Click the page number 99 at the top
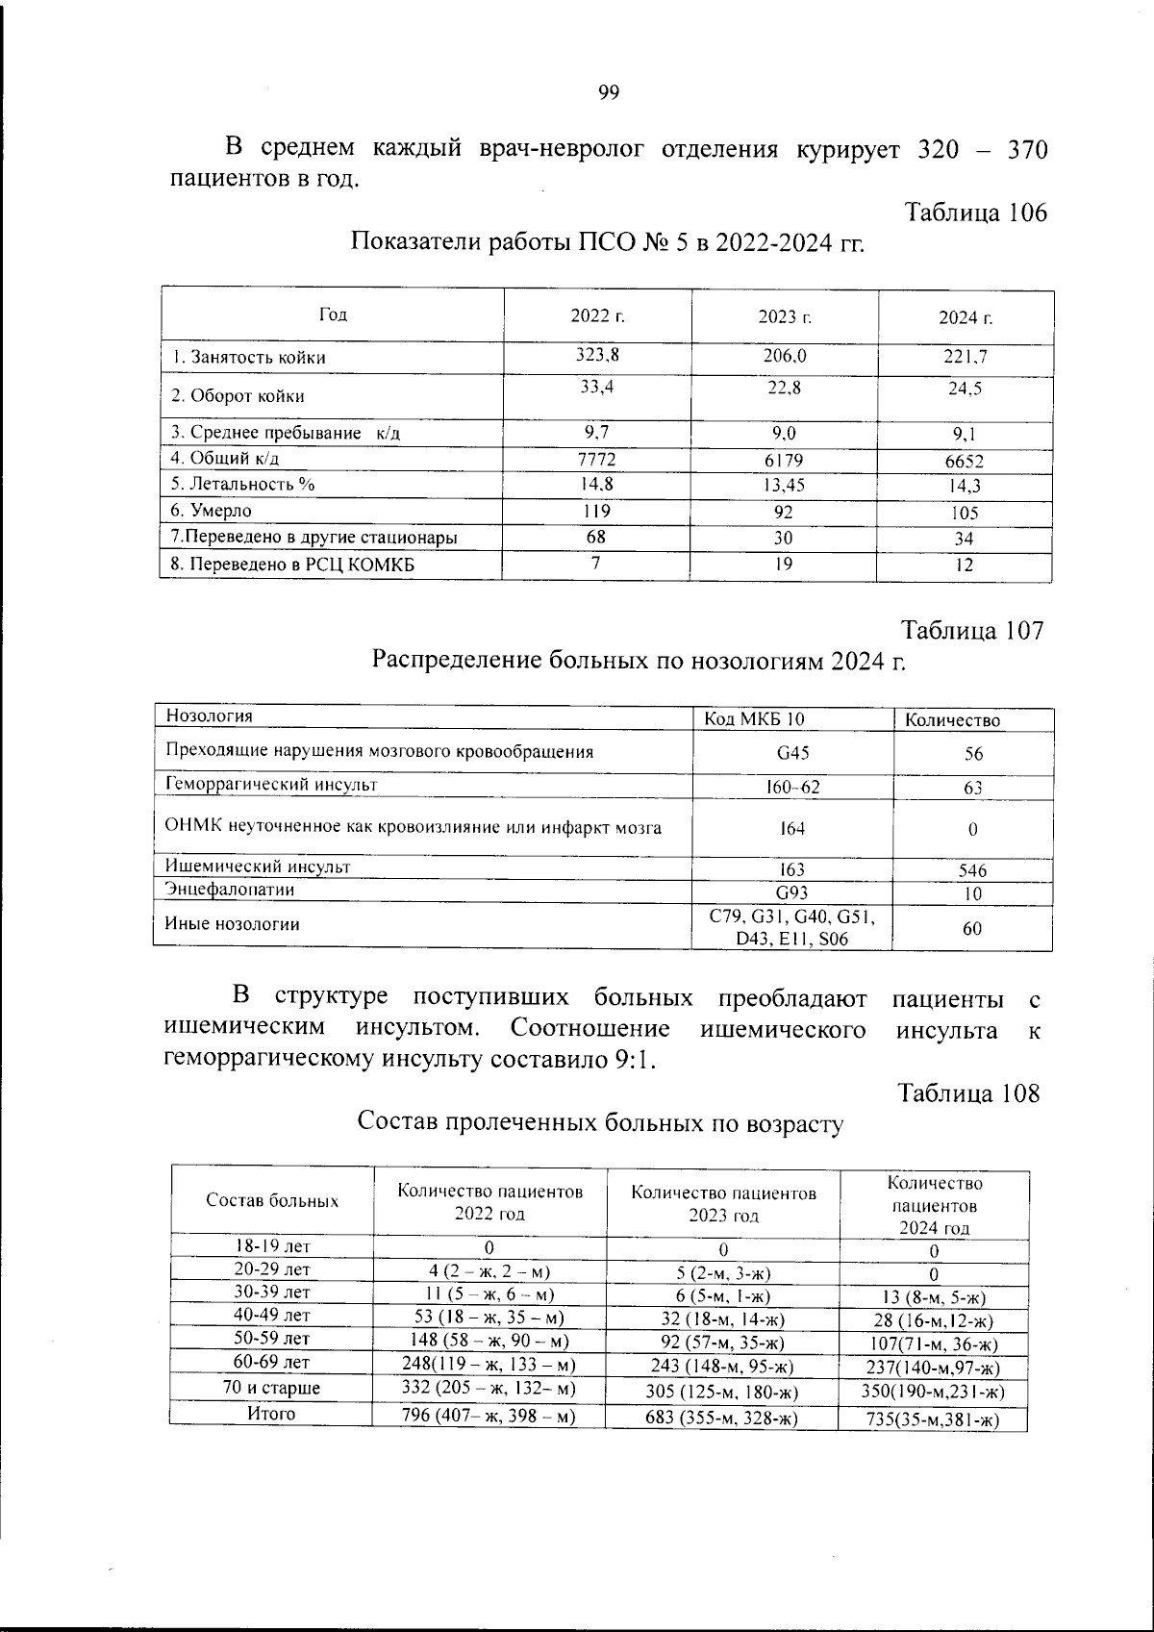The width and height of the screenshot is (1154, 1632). (x=608, y=92)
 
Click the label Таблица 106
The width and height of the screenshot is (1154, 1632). (x=975, y=213)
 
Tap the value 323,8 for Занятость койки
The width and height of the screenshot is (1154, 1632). (x=597, y=354)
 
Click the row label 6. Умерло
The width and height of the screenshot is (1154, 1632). (x=212, y=511)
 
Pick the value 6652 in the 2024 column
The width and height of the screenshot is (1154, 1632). (x=964, y=462)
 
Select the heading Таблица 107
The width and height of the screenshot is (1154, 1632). (x=971, y=632)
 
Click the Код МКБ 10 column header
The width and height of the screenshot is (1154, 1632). (x=755, y=718)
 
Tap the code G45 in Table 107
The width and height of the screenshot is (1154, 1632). (x=792, y=752)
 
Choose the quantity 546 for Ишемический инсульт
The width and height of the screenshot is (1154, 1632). (x=972, y=870)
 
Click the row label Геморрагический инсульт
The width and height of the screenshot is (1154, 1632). (x=272, y=785)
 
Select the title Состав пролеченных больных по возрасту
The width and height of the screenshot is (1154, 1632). (x=600, y=1123)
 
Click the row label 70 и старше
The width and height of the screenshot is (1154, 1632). (x=271, y=1388)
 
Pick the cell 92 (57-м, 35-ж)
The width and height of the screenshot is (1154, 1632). (x=725, y=1343)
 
